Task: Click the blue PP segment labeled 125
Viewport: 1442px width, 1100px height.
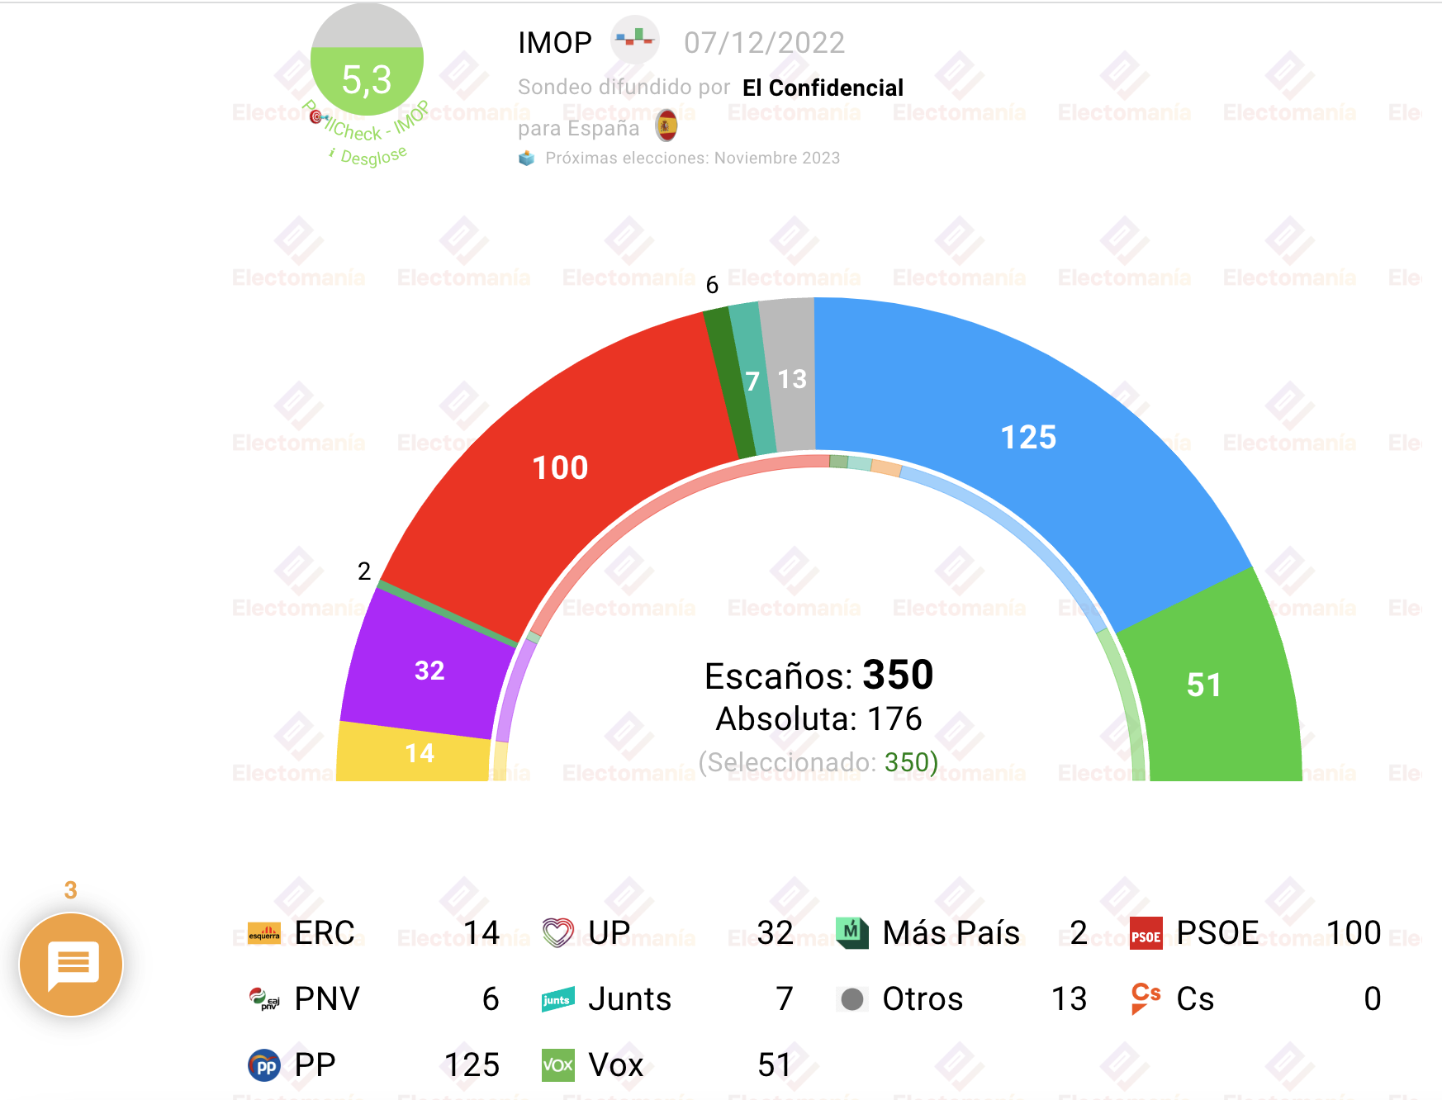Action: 1028,437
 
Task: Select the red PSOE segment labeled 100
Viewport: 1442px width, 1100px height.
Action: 560,467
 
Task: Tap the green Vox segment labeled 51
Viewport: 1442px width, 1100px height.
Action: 1204,685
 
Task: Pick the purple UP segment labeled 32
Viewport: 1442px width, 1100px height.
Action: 429,670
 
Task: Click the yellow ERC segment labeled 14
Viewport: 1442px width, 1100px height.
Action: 420,753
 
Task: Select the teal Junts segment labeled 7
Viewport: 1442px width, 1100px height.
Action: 752,382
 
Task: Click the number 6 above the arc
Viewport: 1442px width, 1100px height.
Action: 712,285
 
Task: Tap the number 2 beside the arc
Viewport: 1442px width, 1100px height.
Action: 364,571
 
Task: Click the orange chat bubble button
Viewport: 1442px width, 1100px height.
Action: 72,964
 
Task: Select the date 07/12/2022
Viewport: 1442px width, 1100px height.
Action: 764,43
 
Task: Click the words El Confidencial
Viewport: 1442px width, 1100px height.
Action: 823,88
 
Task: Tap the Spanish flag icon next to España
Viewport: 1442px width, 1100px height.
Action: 666,126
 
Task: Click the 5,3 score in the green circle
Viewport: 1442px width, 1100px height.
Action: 367,80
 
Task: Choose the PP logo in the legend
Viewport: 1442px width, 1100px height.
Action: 264,1065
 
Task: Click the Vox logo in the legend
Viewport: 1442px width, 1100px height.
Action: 557,1065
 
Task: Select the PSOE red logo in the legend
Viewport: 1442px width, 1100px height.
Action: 1146,934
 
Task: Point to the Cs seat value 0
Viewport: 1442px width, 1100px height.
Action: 1372,999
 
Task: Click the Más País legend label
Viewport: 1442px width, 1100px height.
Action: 951,933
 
